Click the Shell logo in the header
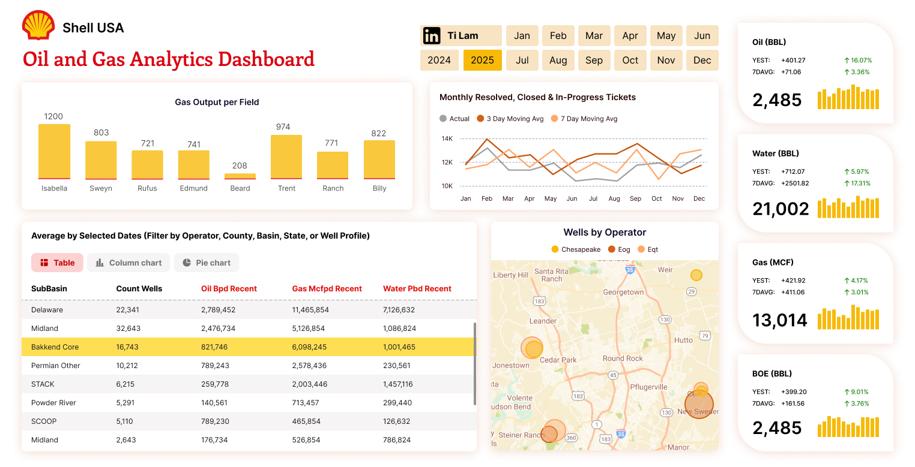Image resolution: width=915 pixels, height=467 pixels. (x=38, y=26)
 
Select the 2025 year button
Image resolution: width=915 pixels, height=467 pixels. (x=482, y=60)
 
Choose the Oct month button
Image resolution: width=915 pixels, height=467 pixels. (x=630, y=60)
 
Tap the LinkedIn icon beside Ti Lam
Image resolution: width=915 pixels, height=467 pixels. (x=432, y=36)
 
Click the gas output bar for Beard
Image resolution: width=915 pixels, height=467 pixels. (x=240, y=176)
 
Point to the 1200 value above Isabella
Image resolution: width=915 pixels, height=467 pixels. (x=53, y=116)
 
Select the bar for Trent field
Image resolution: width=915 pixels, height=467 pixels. (x=286, y=156)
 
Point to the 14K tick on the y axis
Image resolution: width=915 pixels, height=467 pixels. (x=447, y=138)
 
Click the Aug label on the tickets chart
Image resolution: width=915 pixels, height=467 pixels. (x=614, y=198)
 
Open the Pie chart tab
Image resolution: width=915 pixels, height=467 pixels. (x=207, y=263)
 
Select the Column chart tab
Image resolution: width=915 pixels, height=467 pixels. (x=128, y=263)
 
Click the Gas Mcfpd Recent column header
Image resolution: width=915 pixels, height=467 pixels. (x=327, y=288)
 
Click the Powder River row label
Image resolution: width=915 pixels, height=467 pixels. (x=53, y=403)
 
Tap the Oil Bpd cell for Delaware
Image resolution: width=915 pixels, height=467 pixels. (x=218, y=310)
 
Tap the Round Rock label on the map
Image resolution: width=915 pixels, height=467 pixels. (x=623, y=358)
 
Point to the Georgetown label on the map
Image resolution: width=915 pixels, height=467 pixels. (x=623, y=292)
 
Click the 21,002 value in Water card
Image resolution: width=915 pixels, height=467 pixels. (x=781, y=209)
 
